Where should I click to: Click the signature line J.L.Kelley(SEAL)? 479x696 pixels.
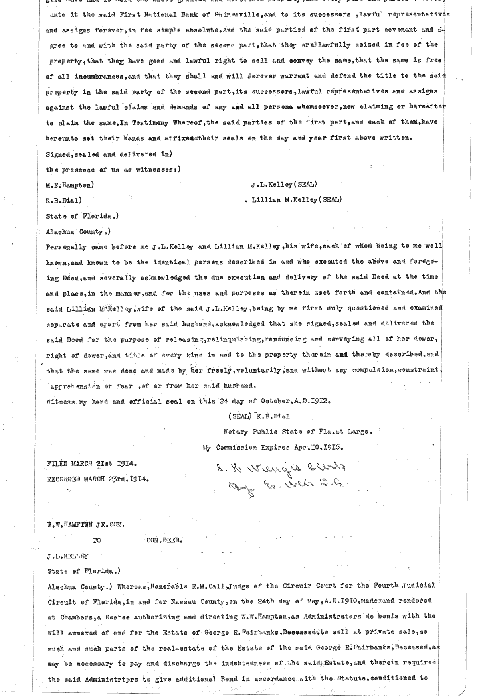[x=284, y=185]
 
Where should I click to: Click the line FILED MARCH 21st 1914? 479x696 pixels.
[x=92, y=464]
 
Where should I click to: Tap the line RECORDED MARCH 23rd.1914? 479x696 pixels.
[x=98, y=478]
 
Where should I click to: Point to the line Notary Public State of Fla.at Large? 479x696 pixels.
[x=297, y=431]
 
